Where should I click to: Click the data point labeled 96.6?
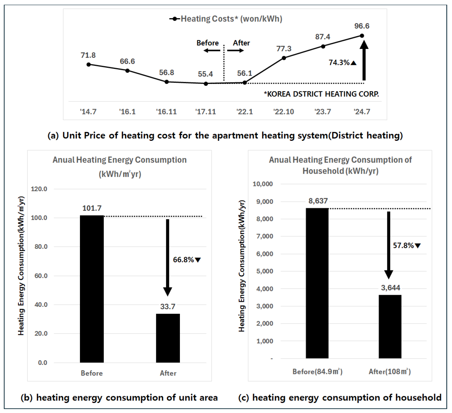click(x=362, y=36)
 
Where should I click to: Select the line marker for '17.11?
click(x=206, y=84)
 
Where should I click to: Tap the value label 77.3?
click(x=284, y=49)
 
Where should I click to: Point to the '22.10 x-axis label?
click(x=284, y=112)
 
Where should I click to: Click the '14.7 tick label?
click(x=88, y=112)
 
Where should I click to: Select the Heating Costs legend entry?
click(x=226, y=19)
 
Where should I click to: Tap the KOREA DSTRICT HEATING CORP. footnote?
click(x=321, y=94)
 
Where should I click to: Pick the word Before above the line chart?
click(x=207, y=43)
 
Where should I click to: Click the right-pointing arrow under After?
click(x=235, y=51)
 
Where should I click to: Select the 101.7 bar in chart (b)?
click(x=92, y=289)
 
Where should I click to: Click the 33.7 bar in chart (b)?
click(x=168, y=338)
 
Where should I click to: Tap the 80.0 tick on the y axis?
click(x=41, y=247)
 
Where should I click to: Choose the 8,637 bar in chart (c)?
click(x=317, y=283)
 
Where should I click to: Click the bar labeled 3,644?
click(x=390, y=327)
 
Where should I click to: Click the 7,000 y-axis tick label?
click(x=265, y=236)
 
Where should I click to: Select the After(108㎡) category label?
click(x=390, y=371)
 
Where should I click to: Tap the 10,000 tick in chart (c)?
click(x=263, y=184)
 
